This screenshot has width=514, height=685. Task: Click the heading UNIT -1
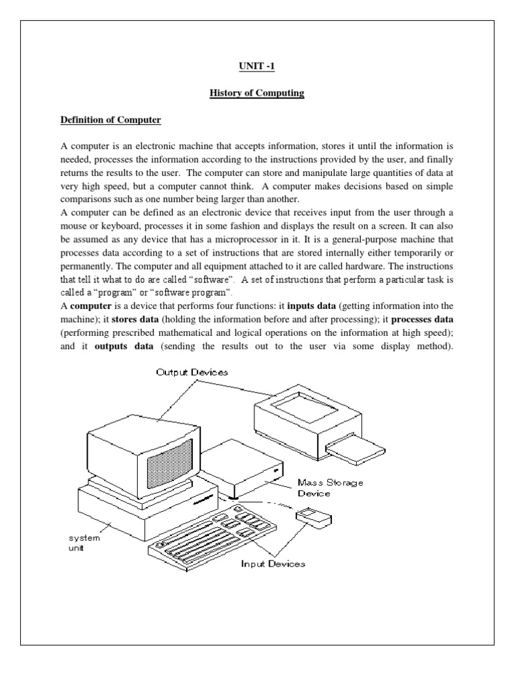(256, 66)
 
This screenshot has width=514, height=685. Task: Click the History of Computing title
(257, 93)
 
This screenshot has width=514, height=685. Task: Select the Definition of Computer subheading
(110, 120)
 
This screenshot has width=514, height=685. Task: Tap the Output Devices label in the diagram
(191, 372)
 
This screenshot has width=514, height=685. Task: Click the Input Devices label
(273, 563)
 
